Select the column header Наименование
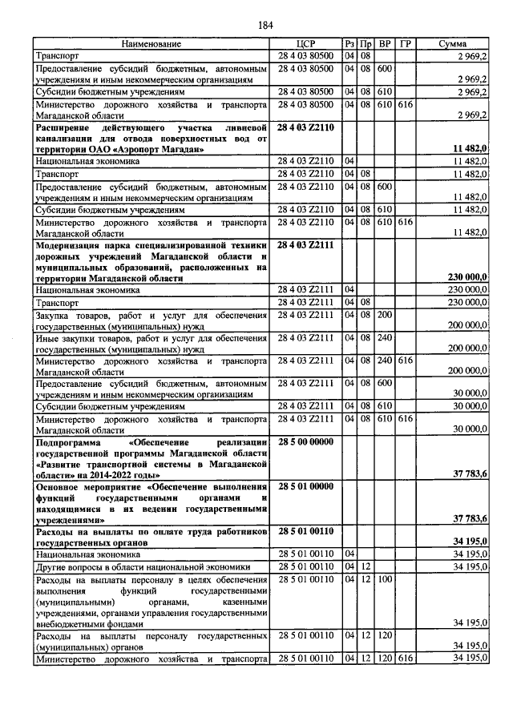pos(151,43)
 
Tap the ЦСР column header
pos(307,43)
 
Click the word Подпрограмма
pos(71,442)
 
